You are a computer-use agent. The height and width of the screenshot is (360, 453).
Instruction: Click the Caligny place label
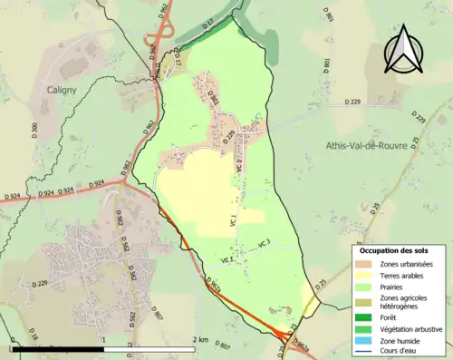[65, 90]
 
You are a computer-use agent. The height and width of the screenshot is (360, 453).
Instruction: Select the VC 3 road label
[265, 243]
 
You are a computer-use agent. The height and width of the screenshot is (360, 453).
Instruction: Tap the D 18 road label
[34, 336]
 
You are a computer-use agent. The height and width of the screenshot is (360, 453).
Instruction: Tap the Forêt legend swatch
[364, 317]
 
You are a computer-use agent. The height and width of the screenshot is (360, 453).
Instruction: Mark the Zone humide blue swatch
[364, 343]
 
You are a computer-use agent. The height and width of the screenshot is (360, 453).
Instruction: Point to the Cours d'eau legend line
[364, 354]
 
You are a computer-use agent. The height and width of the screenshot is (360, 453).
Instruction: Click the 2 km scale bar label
[201, 339]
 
